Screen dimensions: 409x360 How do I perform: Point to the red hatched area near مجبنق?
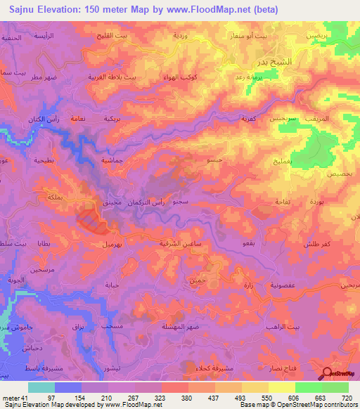click(91, 219)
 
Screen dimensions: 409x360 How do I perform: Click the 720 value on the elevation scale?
click(346, 398)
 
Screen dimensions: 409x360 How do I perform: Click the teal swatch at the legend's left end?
click(41, 387)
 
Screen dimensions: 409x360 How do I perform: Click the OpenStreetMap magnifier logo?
click(328, 375)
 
